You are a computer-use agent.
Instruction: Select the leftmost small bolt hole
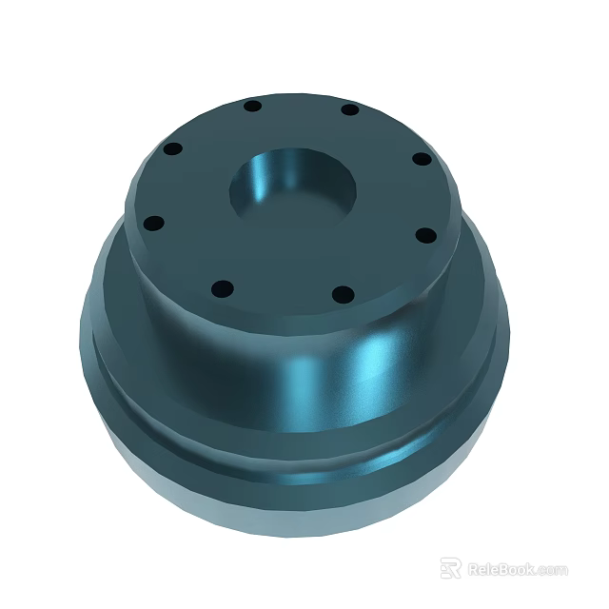tap(153, 224)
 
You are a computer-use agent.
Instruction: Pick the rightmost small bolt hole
tap(426, 235)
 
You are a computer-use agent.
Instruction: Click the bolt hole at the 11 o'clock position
tap(252, 106)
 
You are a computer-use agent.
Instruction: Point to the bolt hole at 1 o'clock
tap(350, 109)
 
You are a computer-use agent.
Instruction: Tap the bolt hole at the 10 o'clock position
tap(173, 150)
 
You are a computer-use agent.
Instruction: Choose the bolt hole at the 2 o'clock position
tap(420, 159)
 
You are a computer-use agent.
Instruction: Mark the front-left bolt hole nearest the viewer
tap(221, 287)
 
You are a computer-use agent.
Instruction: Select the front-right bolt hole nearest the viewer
tap(345, 294)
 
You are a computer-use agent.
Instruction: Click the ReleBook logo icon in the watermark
tap(450, 568)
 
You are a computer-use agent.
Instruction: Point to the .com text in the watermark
tap(552, 570)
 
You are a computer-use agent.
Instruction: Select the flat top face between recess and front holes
tap(285, 257)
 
